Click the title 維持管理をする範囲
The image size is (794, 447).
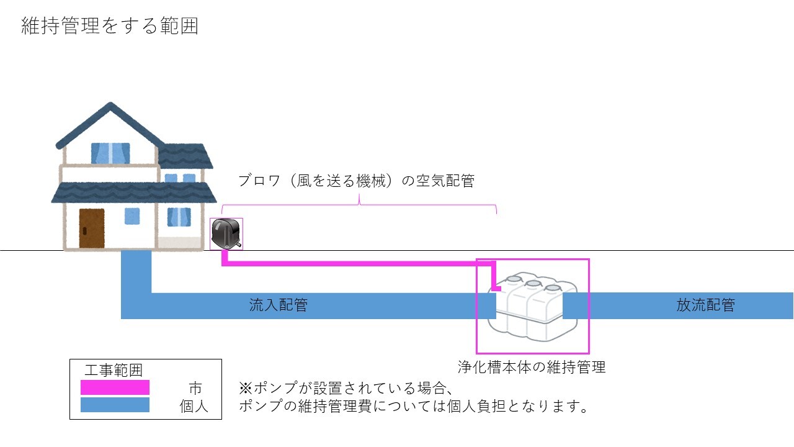click(x=110, y=27)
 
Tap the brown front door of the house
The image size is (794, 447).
click(x=91, y=228)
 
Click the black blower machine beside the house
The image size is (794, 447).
click(x=225, y=233)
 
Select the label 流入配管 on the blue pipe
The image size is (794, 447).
click(x=278, y=305)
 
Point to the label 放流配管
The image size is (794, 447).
click(x=705, y=305)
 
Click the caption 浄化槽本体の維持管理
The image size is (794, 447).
click(x=532, y=367)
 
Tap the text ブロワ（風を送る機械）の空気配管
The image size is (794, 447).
click(x=356, y=181)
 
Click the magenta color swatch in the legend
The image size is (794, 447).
click(x=115, y=387)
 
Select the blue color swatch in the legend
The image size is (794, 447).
click(x=115, y=405)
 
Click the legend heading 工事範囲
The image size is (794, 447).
click(x=114, y=371)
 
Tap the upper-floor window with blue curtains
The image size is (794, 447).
click(x=110, y=153)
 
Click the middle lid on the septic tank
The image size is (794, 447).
click(x=532, y=284)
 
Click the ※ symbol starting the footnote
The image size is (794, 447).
click(x=244, y=389)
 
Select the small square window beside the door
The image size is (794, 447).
click(x=132, y=215)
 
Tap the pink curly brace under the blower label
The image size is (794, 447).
click(x=360, y=202)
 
